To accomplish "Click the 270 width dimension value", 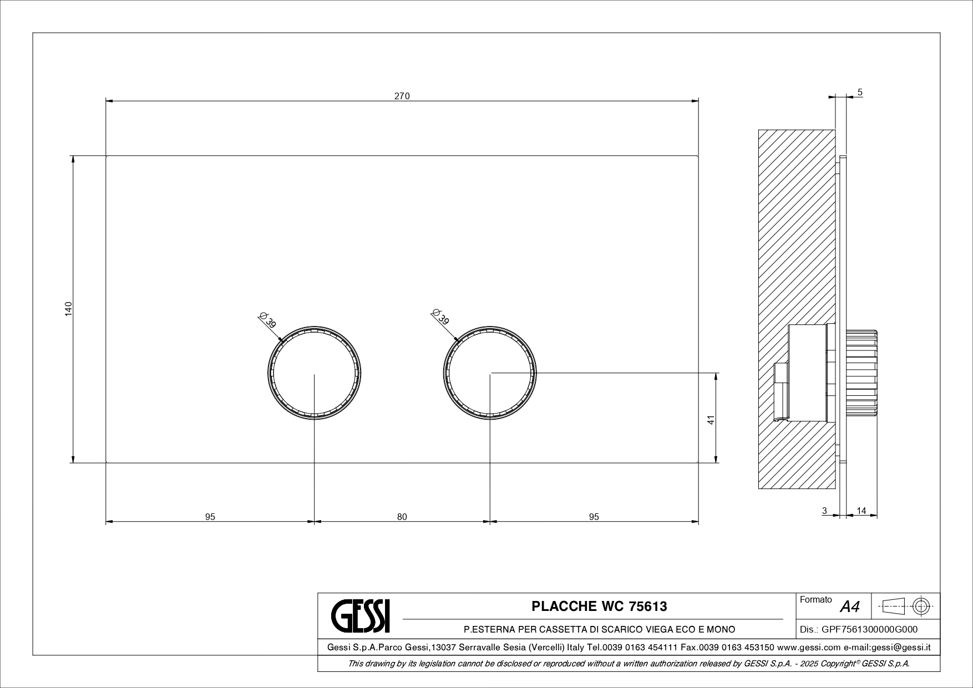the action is (x=402, y=96).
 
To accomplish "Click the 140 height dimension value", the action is (x=68, y=309).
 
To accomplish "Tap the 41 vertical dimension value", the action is (x=711, y=420).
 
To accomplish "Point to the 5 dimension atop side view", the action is (x=860, y=93).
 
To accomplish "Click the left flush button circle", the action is (x=315, y=327).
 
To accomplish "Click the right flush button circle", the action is (x=490, y=327).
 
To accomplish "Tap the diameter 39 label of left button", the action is (x=267, y=320).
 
